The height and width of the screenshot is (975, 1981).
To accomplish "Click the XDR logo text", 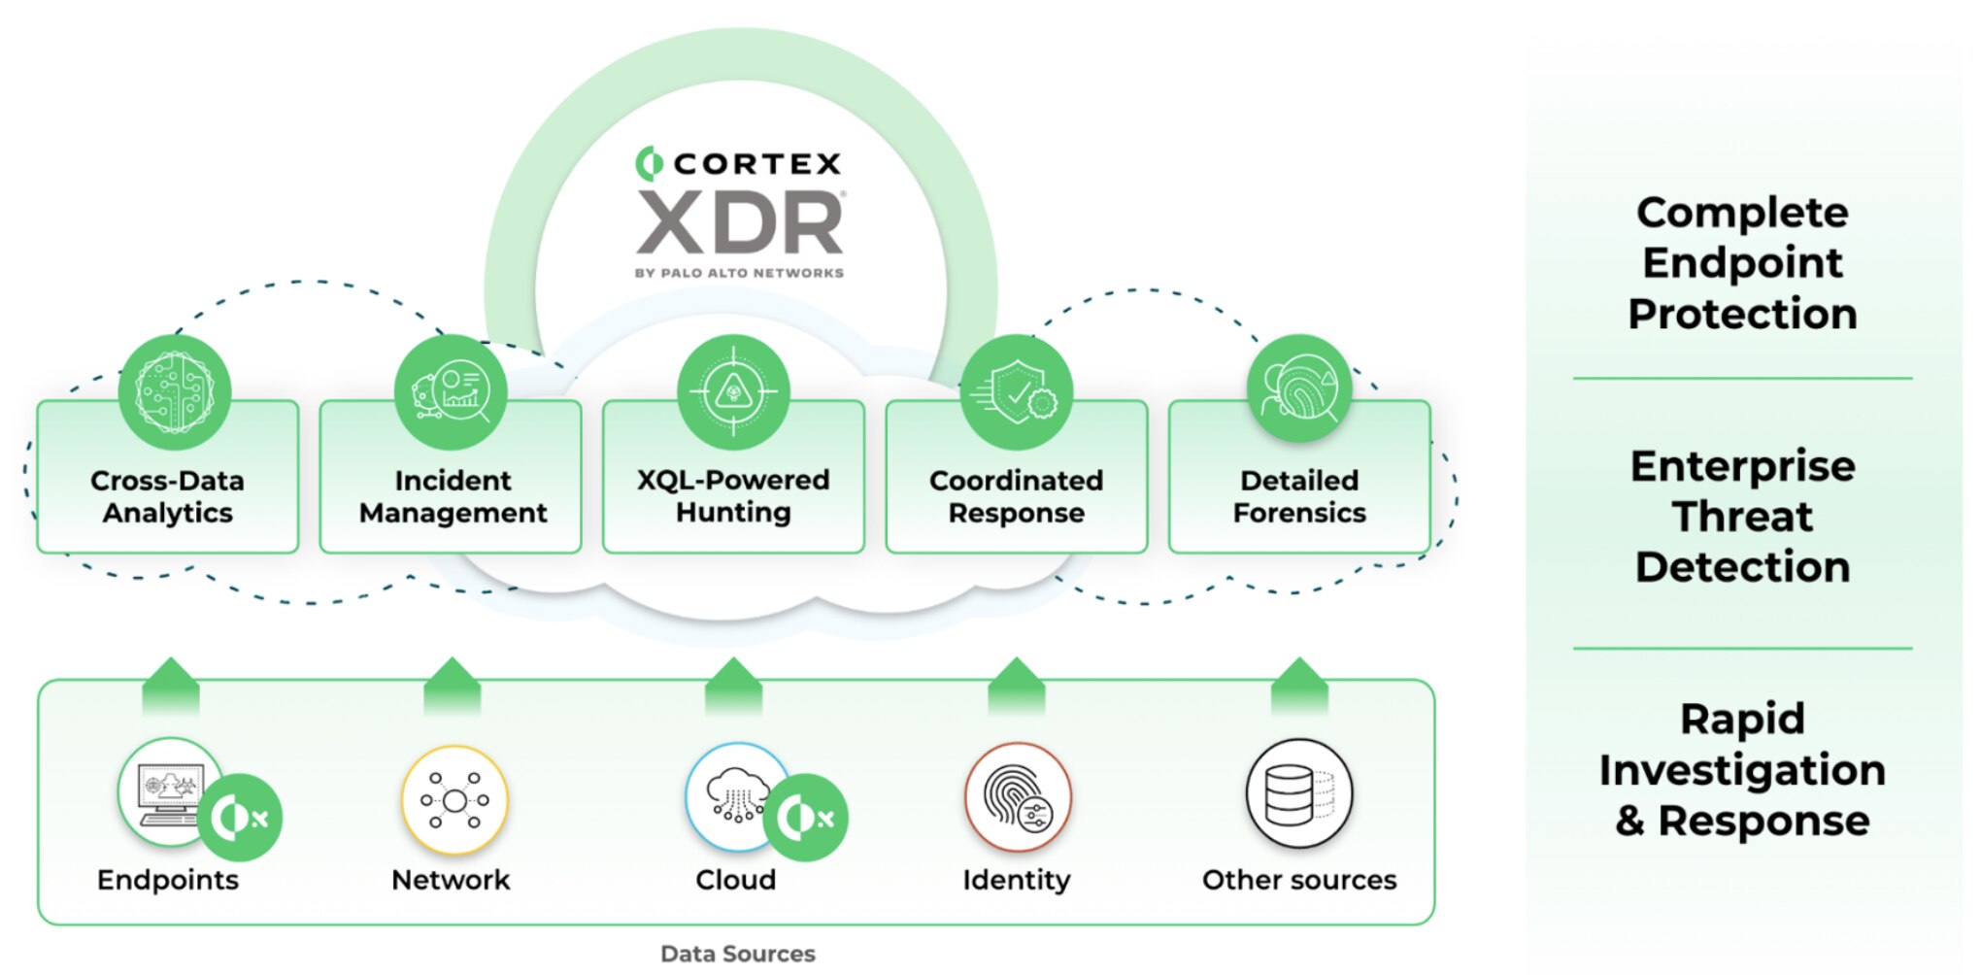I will tap(740, 222).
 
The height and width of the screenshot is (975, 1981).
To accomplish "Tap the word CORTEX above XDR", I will tap(757, 164).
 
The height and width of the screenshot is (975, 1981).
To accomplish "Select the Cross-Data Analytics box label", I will tap(167, 496).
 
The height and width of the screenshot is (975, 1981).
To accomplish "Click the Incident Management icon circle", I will tap(451, 391).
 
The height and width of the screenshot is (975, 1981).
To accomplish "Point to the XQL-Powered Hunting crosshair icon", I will tap(733, 392).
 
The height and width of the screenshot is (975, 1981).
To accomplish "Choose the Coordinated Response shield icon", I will tap(1016, 392).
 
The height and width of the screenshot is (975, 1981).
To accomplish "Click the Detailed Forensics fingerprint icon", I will tap(1299, 388).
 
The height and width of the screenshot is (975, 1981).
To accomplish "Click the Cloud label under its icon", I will tap(735, 880).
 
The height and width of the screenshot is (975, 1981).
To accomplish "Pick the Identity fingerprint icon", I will tap(1017, 796).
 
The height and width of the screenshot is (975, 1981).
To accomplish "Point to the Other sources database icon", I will tap(1298, 793).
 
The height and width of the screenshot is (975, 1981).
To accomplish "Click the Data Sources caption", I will tap(738, 954).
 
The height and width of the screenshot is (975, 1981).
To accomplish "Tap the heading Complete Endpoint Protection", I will tap(1742, 263).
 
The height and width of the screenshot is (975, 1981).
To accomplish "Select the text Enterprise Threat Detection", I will tap(1742, 517).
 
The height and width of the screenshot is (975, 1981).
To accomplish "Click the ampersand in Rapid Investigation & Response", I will tap(1630, 821).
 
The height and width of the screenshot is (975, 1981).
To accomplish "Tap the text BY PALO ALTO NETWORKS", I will tap(739, 273).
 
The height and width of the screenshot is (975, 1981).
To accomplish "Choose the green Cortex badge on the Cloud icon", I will tap(806, 818).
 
